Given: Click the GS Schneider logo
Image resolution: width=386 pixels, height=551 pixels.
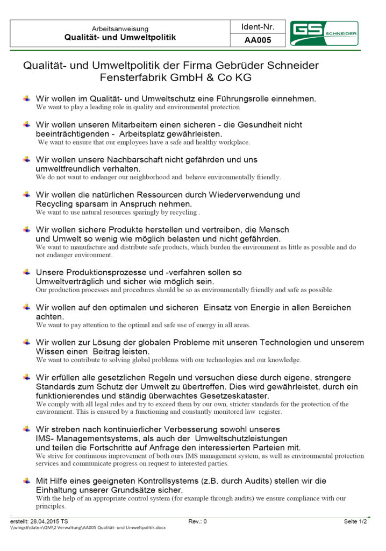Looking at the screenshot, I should coord(324,33).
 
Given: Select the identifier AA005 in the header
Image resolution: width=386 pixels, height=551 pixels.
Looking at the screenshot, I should coord(258,40).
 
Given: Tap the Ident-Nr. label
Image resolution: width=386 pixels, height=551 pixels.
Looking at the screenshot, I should coord(258,26).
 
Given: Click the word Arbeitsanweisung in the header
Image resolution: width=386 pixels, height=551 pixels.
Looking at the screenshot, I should coord(120,29).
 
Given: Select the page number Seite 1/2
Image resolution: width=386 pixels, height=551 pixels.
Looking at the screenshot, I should coord(355,521).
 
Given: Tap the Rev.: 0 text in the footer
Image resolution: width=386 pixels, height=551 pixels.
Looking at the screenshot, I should coord(197,521).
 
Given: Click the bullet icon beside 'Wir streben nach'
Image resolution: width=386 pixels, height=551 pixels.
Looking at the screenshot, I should coord(26,429).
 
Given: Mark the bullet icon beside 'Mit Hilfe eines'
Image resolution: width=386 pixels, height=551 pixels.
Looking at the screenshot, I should coord(26,479).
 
